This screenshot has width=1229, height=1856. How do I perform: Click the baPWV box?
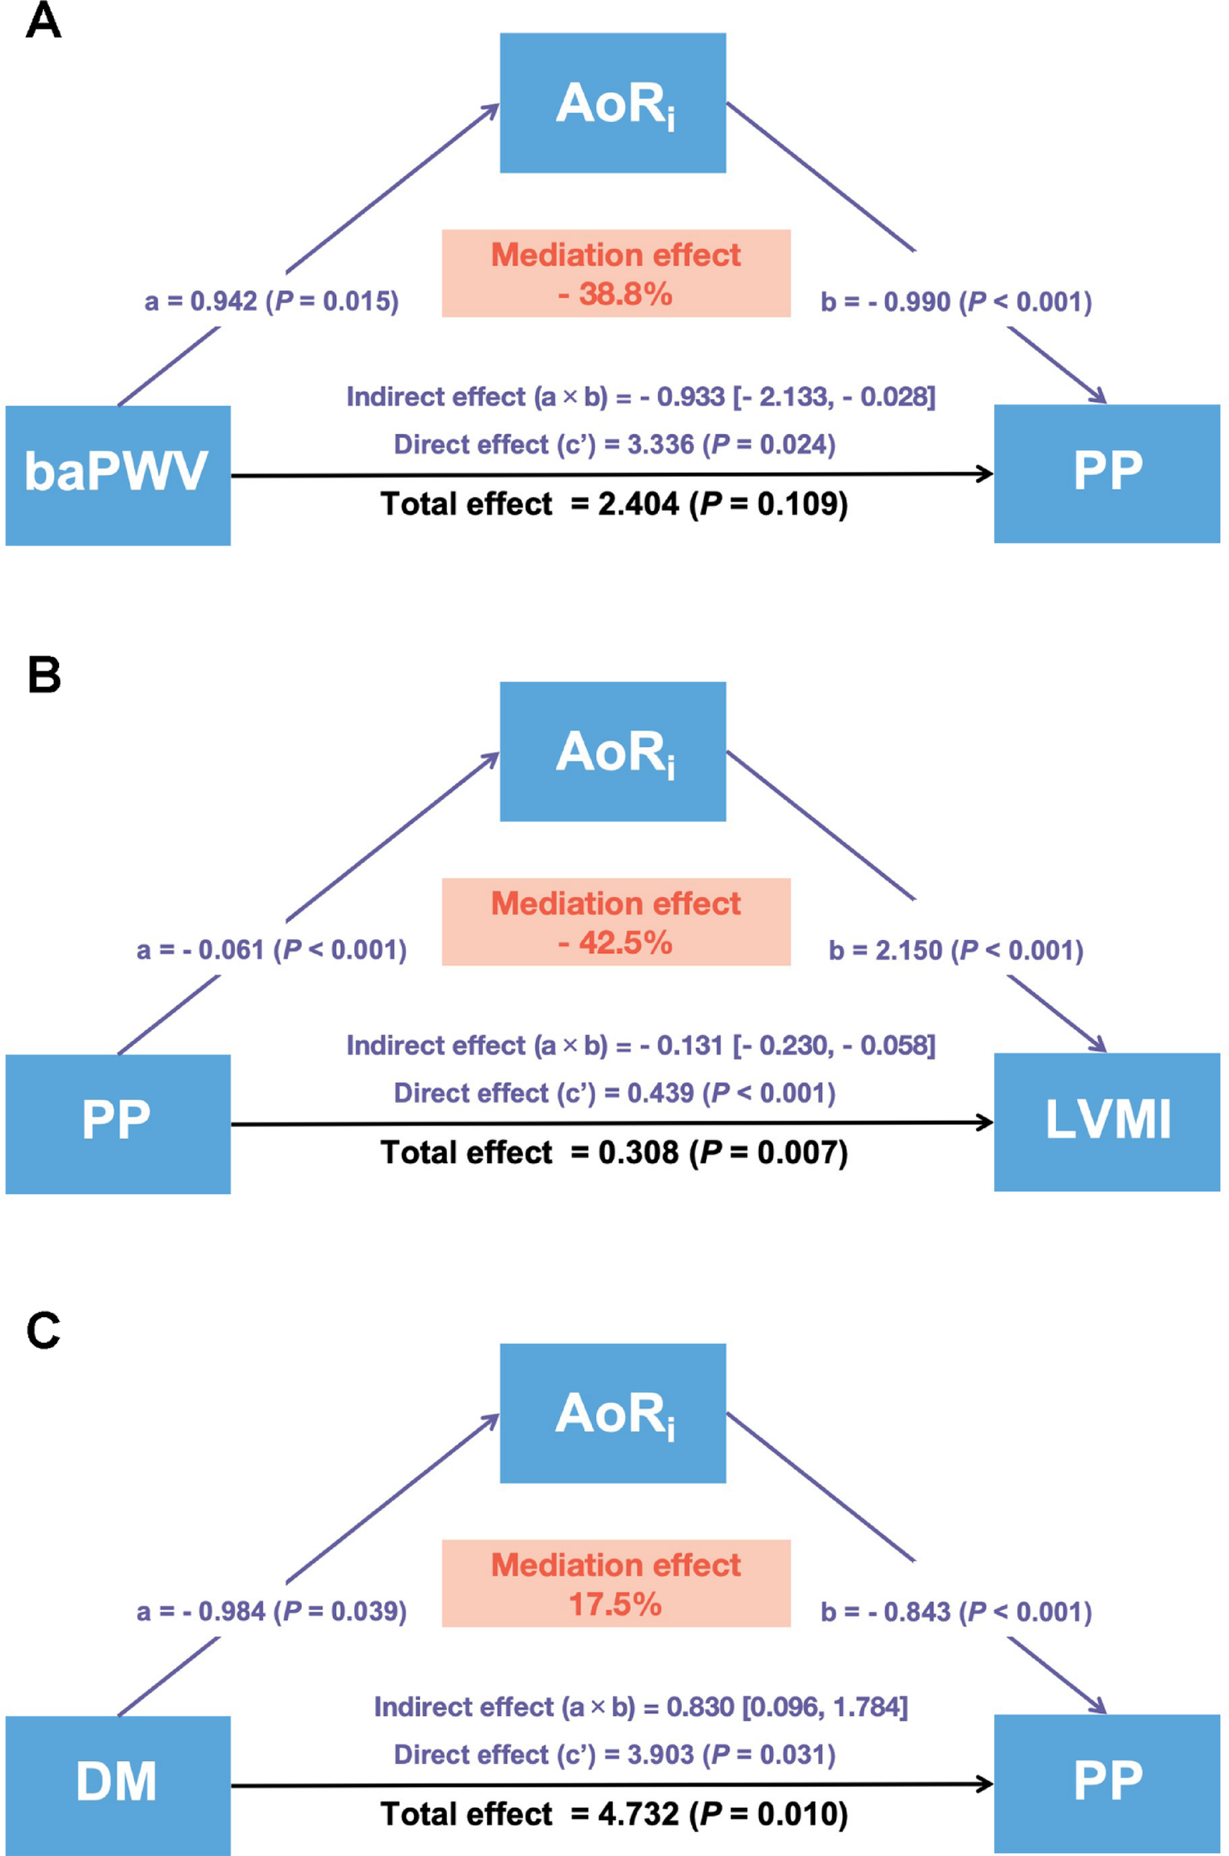click(x=118, y=475)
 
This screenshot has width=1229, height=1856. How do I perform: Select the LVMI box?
click(x=1107, y=1122)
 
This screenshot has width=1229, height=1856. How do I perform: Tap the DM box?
click(x=118, y=1784)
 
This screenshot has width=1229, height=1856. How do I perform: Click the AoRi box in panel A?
click(x=613, y=103)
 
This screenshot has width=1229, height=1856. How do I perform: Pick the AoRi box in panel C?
click(x=613, y=1413)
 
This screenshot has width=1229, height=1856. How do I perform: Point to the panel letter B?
click(x=44, y=674)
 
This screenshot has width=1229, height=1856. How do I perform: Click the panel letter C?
click(x=43, y=1330)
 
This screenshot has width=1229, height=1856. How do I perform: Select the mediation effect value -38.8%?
click(x=615, y=295)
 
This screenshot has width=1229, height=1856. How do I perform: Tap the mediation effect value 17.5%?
click(x=615, y=1605)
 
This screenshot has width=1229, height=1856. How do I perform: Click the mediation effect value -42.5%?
click(x=615, y=943)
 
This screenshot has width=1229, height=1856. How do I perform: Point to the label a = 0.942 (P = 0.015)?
click(x=271, y=301)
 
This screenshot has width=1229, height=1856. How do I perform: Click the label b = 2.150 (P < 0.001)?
click(x=956, y=950)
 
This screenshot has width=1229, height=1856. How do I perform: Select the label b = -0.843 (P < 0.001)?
click(x=956, y=1611)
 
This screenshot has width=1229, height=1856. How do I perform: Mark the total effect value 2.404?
click(x=638, y=504)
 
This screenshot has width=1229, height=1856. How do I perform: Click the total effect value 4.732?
click(x=638, y=1813)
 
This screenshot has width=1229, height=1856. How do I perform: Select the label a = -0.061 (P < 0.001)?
click(x=271, y=950)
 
